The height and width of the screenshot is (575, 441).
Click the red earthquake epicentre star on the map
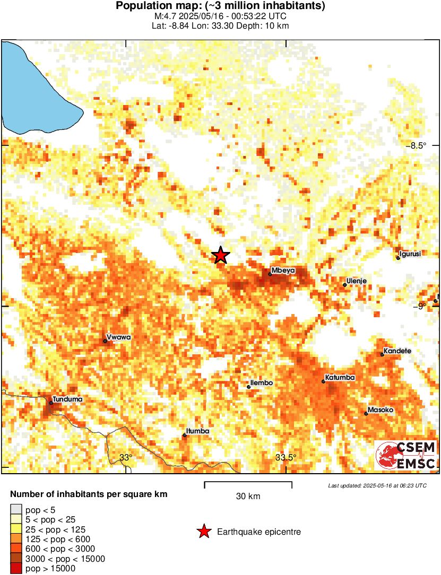(221, 255)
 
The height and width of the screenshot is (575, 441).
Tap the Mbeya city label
(283, 271)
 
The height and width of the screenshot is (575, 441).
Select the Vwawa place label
(118, 337)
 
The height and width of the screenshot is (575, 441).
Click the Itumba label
(197, 431)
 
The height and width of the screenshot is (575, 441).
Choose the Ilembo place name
(262, 383)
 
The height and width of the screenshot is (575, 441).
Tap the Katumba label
(340, 378)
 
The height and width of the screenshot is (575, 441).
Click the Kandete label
(397, 351)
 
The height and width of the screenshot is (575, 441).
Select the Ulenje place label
(357, 281)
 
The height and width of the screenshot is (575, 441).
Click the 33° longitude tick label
(125, 458)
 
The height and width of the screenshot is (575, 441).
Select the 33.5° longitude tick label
(287, 458)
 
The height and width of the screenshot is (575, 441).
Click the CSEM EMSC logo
(406, 456)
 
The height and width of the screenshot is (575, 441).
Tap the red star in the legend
(203, 532)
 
